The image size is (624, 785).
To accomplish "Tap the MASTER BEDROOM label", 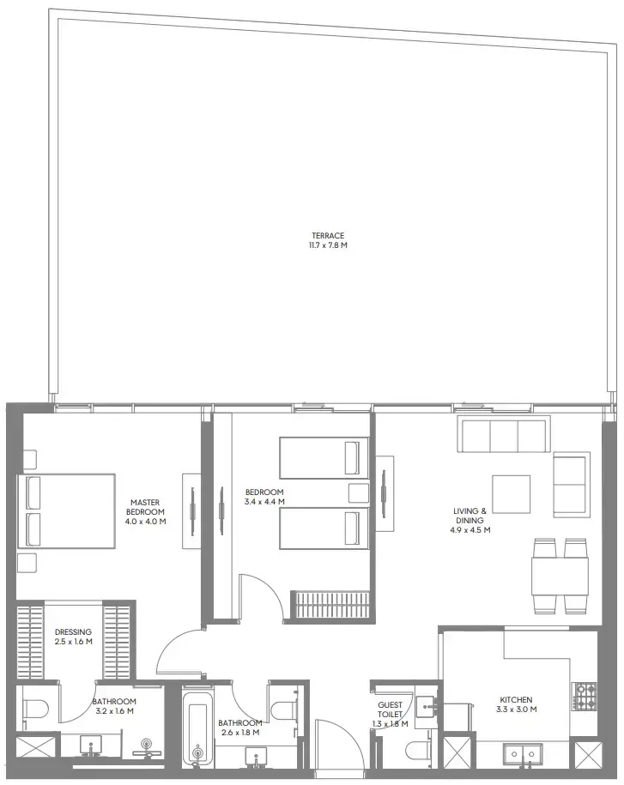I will tap(145, 507).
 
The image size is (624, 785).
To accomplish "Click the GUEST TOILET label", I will tap(390, 710).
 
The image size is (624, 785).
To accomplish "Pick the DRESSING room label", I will tap(73, 632).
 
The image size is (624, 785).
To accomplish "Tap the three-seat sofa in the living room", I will tap(504, 435).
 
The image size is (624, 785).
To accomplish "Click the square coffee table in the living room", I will tap(512, 492).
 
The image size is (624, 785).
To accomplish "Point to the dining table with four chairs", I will tap(560, 576).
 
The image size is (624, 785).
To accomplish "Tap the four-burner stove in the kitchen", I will tap(585, 696).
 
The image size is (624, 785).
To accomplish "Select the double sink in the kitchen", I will tap(521, 754).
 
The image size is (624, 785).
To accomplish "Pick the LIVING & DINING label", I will tap(470, 516).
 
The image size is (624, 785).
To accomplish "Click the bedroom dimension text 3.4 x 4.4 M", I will tap(264, 502).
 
